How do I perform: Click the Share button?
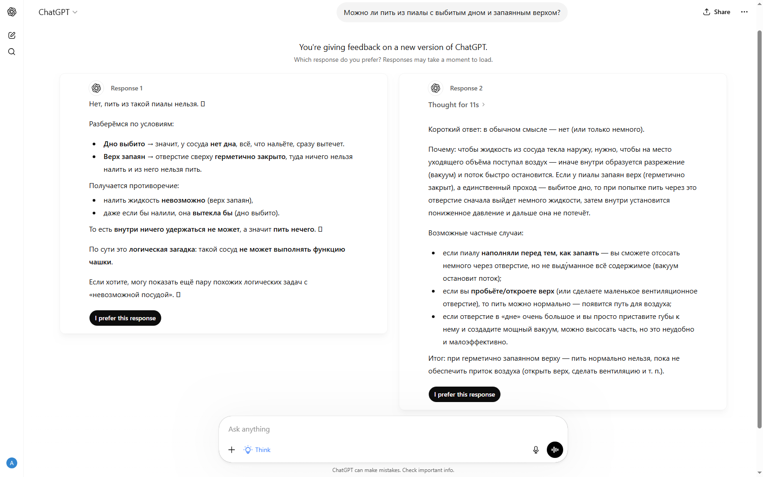tap(717, 12)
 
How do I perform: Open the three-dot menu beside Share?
tap(744, 12)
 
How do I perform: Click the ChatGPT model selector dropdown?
tap(58, 12)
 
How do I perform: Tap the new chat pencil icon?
tap(12, 35)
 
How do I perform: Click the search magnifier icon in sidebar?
tap(12, 52)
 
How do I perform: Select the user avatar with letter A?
tap(12, 463)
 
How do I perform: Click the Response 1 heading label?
tap(126, 88)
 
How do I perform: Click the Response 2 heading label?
tap(466, 88)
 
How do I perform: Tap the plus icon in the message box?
tap(232, 450)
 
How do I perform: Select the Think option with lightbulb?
tap(258, 450)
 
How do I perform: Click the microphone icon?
tap(536, 450)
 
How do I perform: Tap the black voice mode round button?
tap(555, 450)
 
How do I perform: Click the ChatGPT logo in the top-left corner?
tap(12, 12)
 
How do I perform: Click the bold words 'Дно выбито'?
tap(124, 144)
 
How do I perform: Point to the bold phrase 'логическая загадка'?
tap(162, 249)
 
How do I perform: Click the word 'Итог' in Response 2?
tap(436, 358)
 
